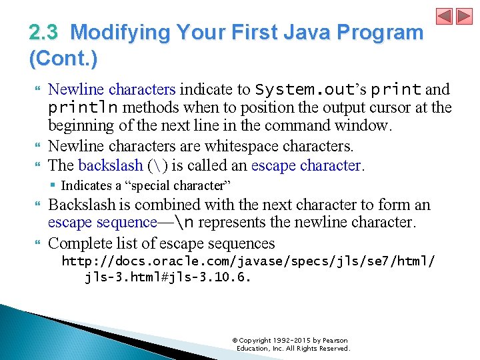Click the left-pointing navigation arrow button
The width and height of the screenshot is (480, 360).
(x=444, y=17)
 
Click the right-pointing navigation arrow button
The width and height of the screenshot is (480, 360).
(x=463, y=17)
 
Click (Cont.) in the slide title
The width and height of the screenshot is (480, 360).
(x=63, y=59)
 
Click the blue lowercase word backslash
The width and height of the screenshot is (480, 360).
(x=110, y=165)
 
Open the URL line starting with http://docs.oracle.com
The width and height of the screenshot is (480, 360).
(x=248, y=261)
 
